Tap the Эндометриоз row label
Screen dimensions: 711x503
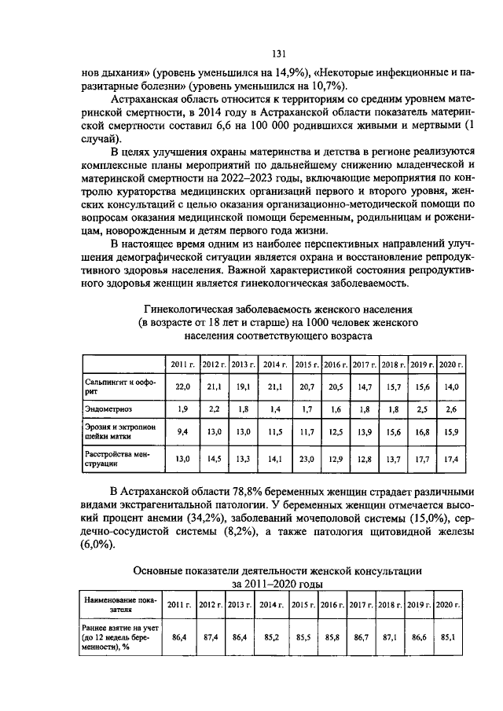pos(108,409)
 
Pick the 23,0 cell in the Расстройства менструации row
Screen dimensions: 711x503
pos(305,459)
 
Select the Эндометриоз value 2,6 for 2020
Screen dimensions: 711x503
pos(450,409)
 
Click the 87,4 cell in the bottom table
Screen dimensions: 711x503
pos(210,639)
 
